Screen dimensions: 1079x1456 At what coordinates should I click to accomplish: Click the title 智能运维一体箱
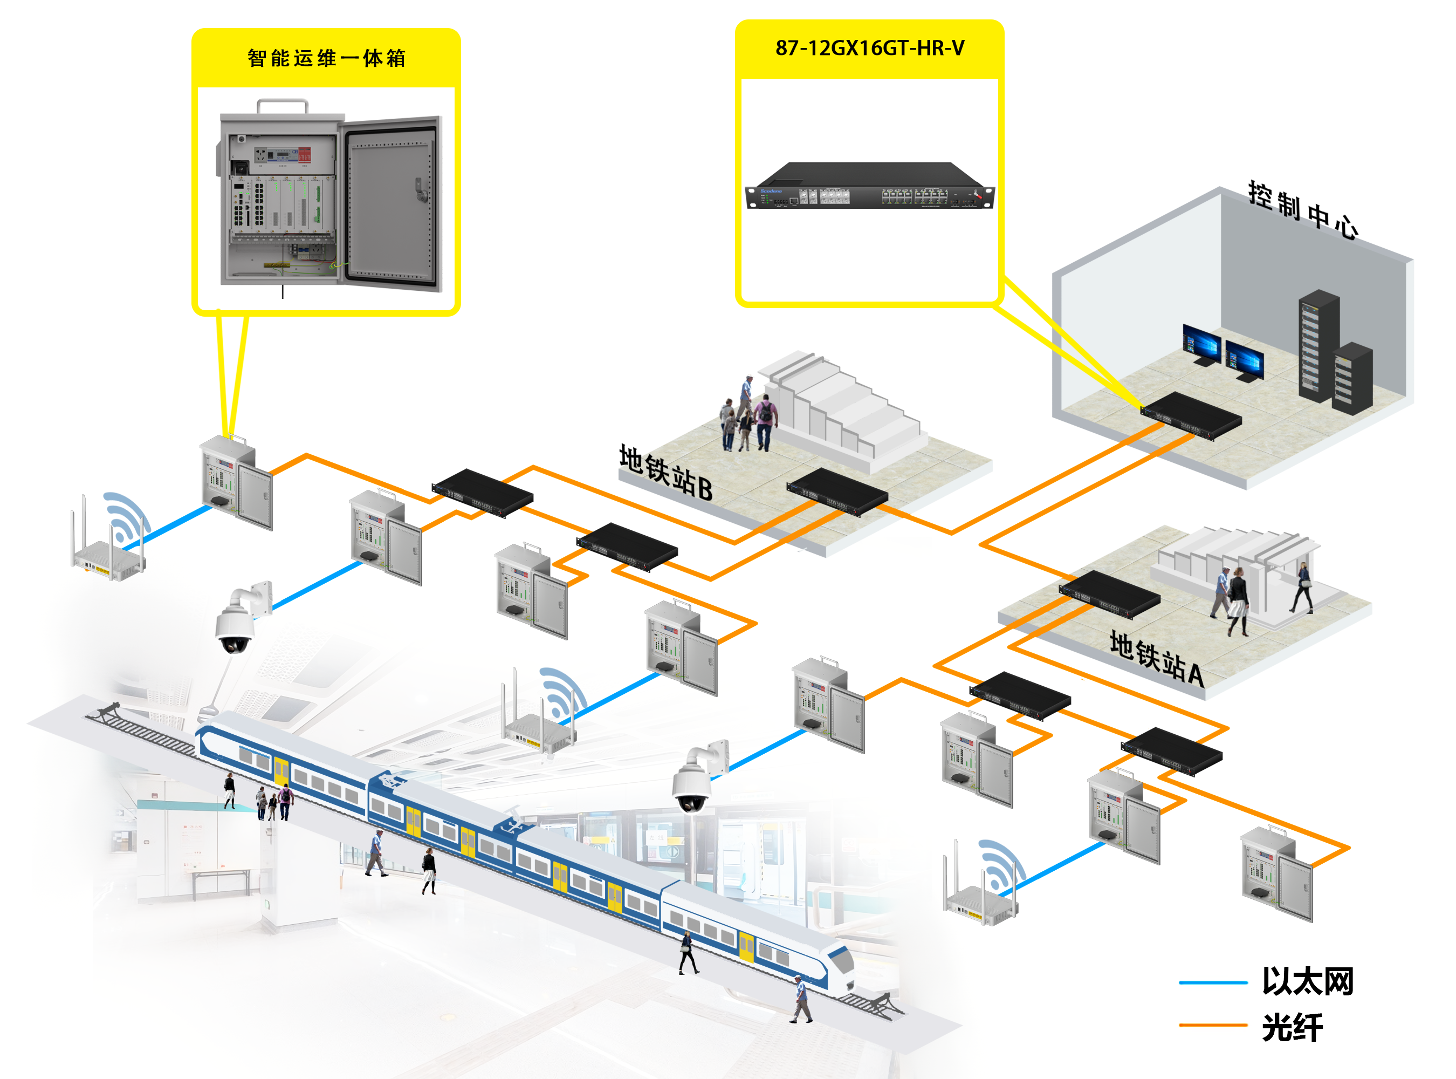pyautogui.click(x=326, y=58)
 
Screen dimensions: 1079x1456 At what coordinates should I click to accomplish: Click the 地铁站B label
pyautogui.click(x=665, y=472)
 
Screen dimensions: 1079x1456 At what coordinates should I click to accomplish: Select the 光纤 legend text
pyautogui.click(x=1292, y=1027)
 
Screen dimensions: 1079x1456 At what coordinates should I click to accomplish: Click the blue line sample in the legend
pyautogui.click(x=1213, y=982)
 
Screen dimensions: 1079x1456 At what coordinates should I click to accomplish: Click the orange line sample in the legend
pyautogui.click(x=1213, y=1026)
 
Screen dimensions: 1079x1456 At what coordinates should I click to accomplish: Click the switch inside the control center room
pyautogui.click(x=1192, y=415)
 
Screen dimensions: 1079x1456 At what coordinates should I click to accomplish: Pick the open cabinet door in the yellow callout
pyautogui.click(x=392, y=202)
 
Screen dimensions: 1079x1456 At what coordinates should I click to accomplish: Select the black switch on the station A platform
pyautogui.click(x=1110, y=593)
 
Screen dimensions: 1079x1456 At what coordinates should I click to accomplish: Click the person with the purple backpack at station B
pyautogui.click(x=765, y=421)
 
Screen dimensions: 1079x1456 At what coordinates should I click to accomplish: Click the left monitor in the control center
pyautogui.click(x=1201, y=344)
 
